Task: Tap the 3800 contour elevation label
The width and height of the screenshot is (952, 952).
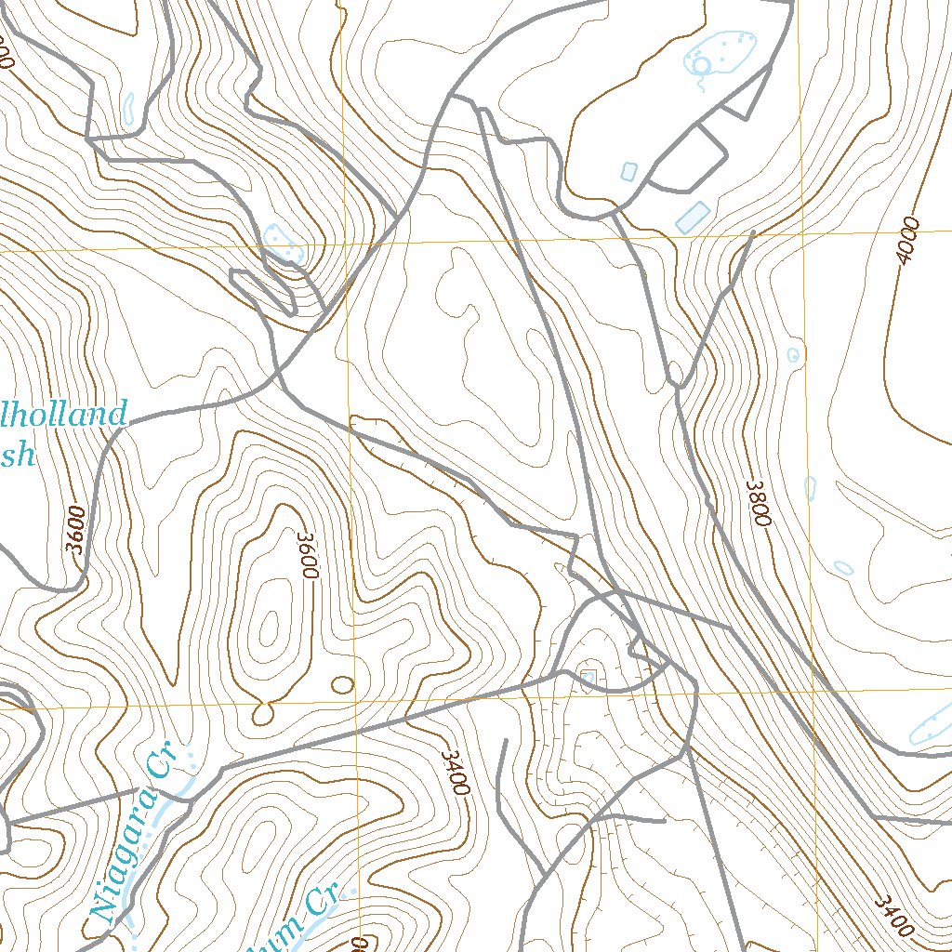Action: click(760, 503)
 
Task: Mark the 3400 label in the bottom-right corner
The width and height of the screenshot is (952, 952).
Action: click(893, 917)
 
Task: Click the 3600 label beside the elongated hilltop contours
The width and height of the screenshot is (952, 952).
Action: click(308, 555)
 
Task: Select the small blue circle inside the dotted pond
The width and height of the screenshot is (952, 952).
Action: click(703, 63)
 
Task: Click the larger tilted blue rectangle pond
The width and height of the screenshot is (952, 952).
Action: click(693, 217)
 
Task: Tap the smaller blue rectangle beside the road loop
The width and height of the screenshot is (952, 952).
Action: click(628, 171)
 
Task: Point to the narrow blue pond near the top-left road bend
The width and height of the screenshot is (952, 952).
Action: click(128, 109)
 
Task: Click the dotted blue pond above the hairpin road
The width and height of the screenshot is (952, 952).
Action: click(282, 243)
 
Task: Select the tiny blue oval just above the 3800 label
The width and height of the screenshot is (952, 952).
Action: click(793, 355)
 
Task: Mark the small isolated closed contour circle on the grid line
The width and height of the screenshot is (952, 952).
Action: click(343, 685)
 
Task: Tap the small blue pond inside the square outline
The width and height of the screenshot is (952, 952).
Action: click(587, 676)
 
